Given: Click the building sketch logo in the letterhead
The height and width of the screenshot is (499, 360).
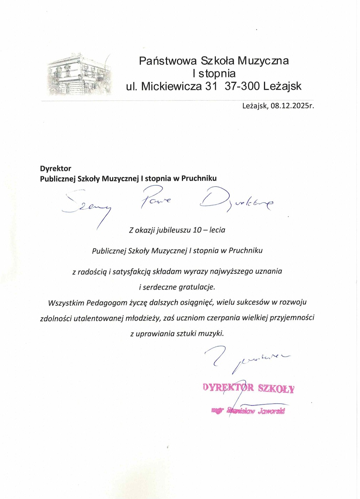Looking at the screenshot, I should tap(79, 74).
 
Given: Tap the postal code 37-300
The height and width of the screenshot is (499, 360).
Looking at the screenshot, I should tap(242, 86).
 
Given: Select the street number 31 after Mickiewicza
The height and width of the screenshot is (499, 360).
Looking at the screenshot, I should tap(211, 86).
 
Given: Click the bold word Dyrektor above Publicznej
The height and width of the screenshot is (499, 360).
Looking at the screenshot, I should tap(56, 169).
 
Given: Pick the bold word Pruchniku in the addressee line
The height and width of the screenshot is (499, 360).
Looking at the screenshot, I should tap(199, 178).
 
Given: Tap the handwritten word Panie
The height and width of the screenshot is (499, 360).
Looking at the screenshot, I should tap(155, 198).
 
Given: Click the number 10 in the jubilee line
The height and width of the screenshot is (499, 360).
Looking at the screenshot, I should tap(197, 230).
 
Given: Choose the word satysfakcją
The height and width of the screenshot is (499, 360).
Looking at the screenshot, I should tap(132, 272).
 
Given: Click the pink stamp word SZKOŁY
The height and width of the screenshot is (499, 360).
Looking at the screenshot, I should tap(276, 388).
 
